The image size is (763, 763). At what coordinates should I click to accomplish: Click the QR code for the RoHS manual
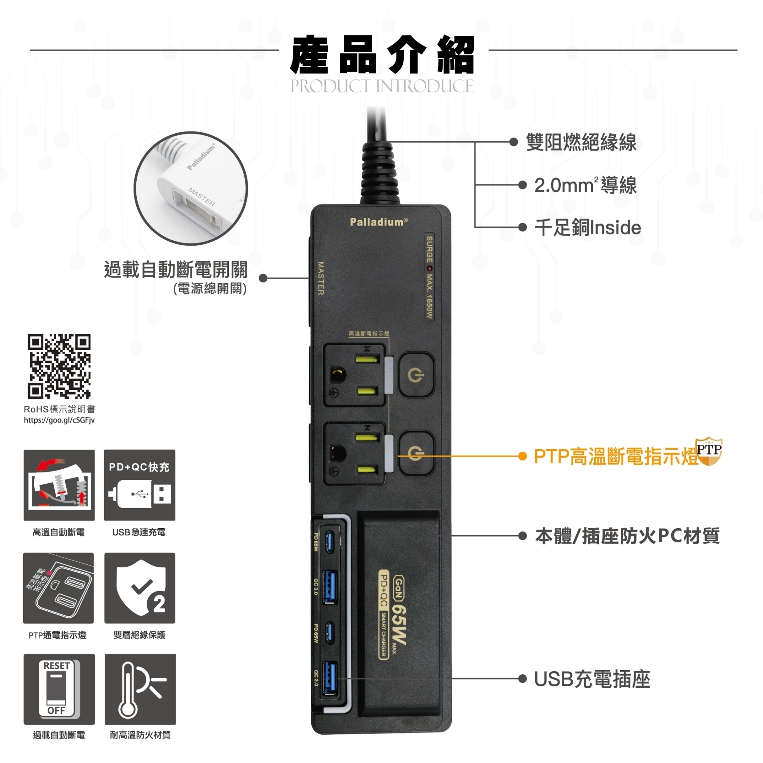(x=59, y=366)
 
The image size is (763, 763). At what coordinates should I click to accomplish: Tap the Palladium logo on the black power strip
(x=379, y=222)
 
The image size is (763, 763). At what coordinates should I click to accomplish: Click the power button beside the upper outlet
(x=416, y=374)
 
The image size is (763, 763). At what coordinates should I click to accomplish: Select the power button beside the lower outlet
(x=416, y=453)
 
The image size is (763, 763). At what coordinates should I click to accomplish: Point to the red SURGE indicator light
(x=429, y=269)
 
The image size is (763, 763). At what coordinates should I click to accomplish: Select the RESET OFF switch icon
(x=59, y=689)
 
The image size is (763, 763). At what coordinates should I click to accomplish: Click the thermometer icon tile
(x=140, y=689)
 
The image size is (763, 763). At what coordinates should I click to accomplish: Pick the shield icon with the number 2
(x=140, y=588)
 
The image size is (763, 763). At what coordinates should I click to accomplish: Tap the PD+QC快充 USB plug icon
(x=140, y=485)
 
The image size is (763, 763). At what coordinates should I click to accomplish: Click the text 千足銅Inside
(x=587, y=228)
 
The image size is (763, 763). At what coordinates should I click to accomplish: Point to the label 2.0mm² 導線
(x=585, y=185)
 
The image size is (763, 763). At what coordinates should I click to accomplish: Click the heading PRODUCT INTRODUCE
(x=382, y=86)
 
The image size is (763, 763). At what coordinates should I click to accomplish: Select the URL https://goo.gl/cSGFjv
(x=59, y=420)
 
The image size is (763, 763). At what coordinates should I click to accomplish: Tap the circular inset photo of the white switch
(x=191, y=189)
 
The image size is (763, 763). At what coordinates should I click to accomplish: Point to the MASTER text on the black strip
(x=321, y=278)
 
